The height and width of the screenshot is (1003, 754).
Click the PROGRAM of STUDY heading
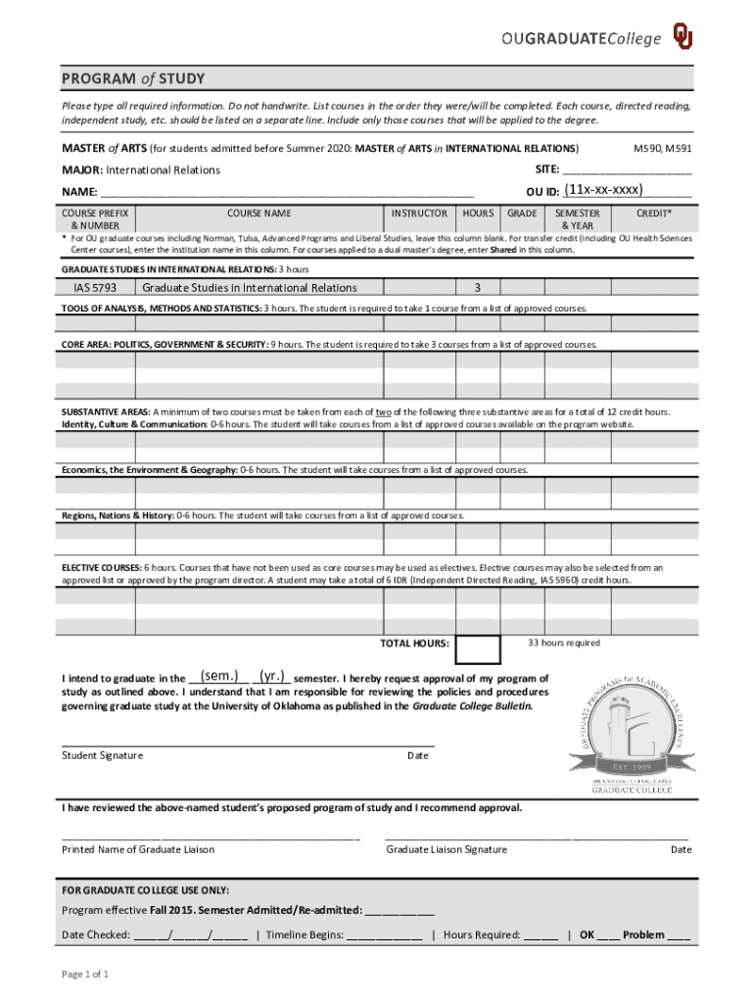(x=133, y=78)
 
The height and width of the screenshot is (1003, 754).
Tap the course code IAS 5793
(x=95, y=288)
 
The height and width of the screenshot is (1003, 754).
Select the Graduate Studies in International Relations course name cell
(x=250, y=288)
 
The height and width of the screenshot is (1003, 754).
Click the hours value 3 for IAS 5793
(x=477, y=288)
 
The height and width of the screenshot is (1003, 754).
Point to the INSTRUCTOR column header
(x=419, y=213)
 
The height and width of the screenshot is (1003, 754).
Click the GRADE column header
(x=522, y=213)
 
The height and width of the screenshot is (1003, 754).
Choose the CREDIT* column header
(x=653, y=213)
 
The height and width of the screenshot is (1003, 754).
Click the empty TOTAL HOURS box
(x=480, y=648)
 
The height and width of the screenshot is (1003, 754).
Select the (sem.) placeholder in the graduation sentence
(x=220, y=676)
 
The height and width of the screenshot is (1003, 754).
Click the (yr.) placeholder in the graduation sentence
(x=273, y=676)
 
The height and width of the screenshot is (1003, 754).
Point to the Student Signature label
(x=103, y=755)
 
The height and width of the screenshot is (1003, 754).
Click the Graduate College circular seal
(x=632, y=726)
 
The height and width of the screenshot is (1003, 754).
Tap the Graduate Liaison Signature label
(x=447, y=849)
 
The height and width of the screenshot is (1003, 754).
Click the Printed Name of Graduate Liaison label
(x=138, y=849)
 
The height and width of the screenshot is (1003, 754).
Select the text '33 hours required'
(x=564, y=643)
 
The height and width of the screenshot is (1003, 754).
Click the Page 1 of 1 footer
(x=85, y=974)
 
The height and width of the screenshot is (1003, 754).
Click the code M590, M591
(x=663, y=148)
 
